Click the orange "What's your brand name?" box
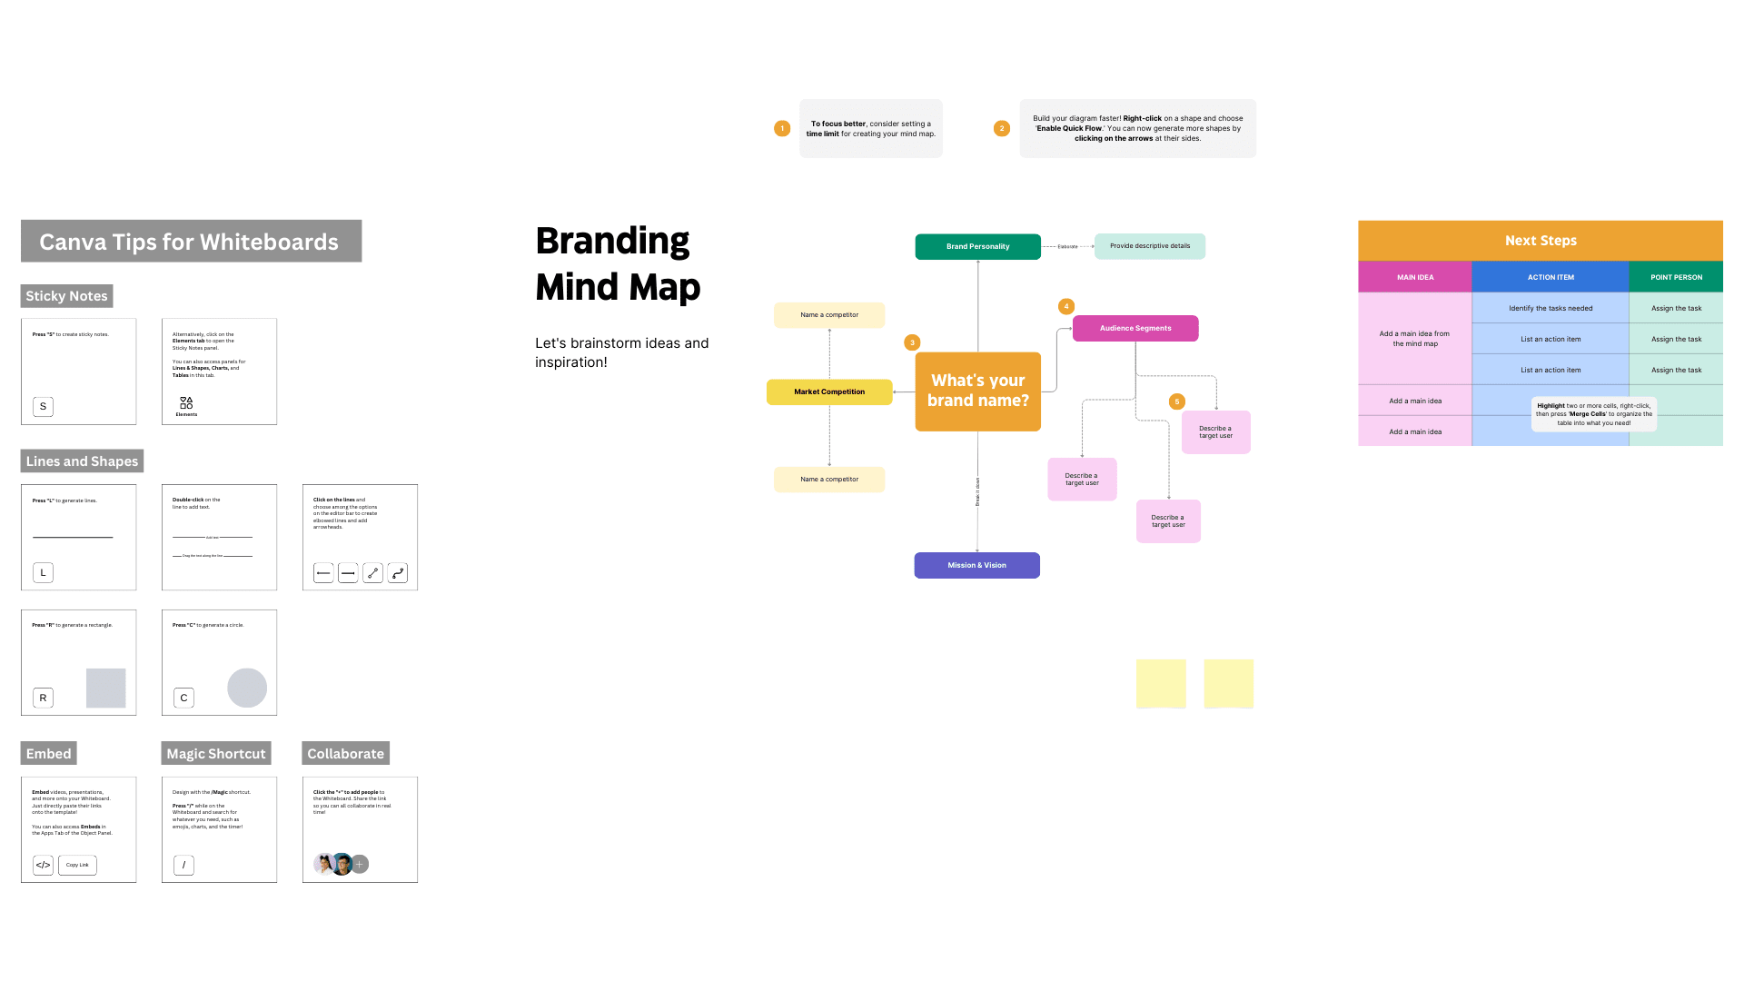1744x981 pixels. [x=977, y=391]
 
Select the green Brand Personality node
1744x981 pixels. [x=977, y=246]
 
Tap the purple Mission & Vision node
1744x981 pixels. [x=976, y=565]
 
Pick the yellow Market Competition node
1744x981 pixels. [x=829, y=391]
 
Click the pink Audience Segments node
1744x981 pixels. [x=1135, y=328]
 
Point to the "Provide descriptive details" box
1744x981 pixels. [x=1149, y=246]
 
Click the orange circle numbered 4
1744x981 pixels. [x=1066, y=307]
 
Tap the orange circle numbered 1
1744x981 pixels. [x=782, y=128]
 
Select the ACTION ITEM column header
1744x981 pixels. [x=1550, y=277]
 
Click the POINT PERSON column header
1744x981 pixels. [x=1676, y=277]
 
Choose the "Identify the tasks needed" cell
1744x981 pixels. [x=1550, y=308]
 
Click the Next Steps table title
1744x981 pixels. [x=1540, y=241]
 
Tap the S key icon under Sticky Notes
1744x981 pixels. [x=43, y=406]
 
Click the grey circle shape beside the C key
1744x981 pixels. [x=247, y=688]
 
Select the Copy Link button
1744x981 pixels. [x=77, y=865]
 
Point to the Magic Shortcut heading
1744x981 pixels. [x=216, y=754]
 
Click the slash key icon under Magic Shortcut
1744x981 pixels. [x=183, y=865]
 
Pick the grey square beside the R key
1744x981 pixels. [x=105, y=688]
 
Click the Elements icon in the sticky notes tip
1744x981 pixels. [x=186, y=402]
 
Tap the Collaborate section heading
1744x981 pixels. [x=345, y=754]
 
